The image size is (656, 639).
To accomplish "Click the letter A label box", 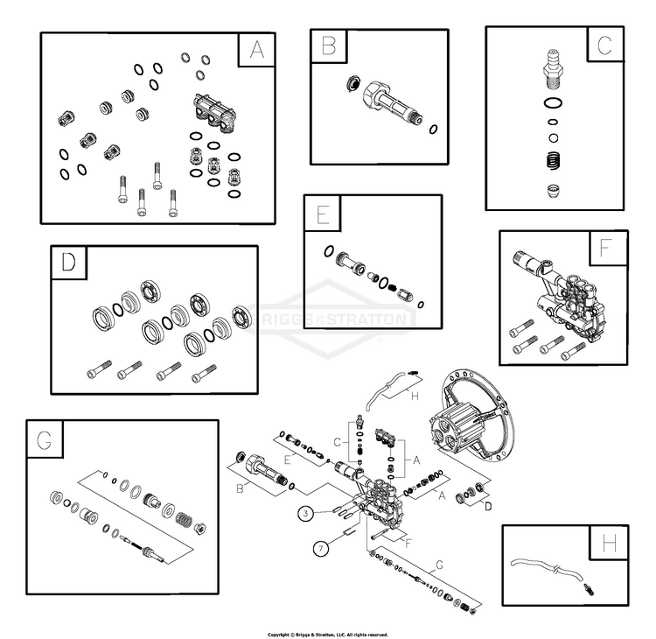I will coord(256,50).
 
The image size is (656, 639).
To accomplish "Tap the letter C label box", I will coord(605,44).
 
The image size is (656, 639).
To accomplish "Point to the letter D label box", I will coord(69,263).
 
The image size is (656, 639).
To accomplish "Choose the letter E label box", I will coord(323,213).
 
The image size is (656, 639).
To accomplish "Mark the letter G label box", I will coord(45,439).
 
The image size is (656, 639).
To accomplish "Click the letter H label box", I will coord(610,544).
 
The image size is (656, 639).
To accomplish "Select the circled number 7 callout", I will coord(322,549).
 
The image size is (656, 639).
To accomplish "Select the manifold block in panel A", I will coord(213,112).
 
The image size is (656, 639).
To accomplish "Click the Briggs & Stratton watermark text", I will coord(328,317).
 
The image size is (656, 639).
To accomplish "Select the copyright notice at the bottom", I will coord(327,634).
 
